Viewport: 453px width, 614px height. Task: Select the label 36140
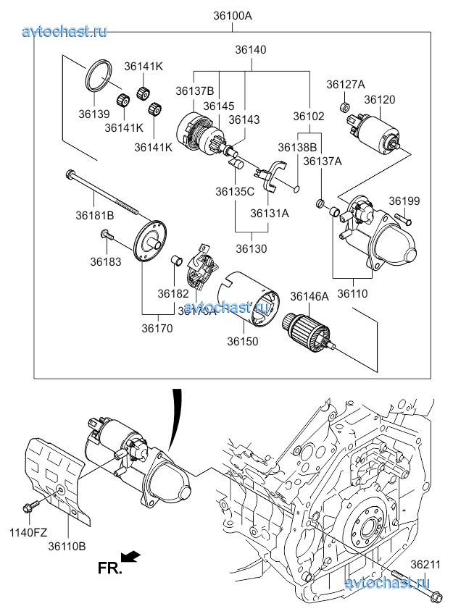click(x=250, y=51)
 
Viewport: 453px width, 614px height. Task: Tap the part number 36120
click(x=379, y=99)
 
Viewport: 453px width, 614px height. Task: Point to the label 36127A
click(x=346, y=85)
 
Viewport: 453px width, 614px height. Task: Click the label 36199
click(x=404, y=201)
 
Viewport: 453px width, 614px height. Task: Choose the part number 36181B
click(x=95, y=215)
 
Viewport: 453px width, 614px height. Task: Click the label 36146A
click(x=309, y=296)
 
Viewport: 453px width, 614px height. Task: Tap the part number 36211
click(x=426, y=564)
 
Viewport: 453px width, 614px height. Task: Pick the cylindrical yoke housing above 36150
click(x=248, y=301)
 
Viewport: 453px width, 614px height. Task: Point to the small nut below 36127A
click(x=346, y=107)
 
